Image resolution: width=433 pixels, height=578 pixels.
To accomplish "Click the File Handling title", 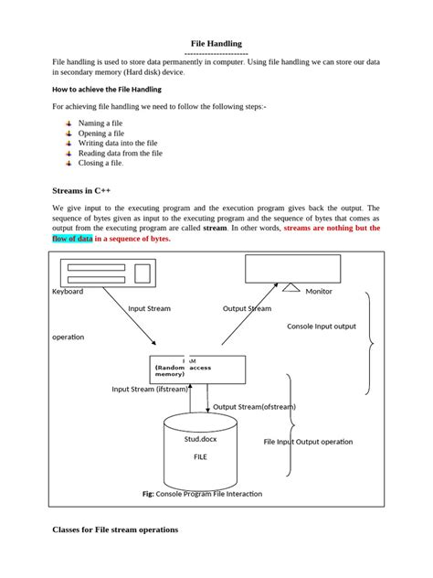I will pyautogui.click(x=216, y=43).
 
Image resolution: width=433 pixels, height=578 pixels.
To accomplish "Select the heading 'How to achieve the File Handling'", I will pyautogui.click(x=107, y=89).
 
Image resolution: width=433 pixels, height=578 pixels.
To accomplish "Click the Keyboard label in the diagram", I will pyautogui.click(x=68, y=292).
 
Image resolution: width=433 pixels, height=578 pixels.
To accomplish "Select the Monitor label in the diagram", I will pyautogui.click(x=319, y=292).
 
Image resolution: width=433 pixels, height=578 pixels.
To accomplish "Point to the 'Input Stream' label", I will pyautogui.click(x=150, y=309).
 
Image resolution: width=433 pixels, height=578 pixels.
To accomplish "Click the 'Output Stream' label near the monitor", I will pyautogui.click(x=247, y=309).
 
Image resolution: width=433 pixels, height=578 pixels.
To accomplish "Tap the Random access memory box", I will pyautogui.click(x=197, y=369).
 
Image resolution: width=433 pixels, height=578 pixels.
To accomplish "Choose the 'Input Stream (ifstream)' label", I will pyautogui.click(x=150, y=389).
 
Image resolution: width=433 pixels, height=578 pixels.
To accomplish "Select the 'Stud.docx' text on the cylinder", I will pyautogui.click(x=200, y=439).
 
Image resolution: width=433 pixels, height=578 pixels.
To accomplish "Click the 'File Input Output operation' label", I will pyautogui.click(x=308, y=442).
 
